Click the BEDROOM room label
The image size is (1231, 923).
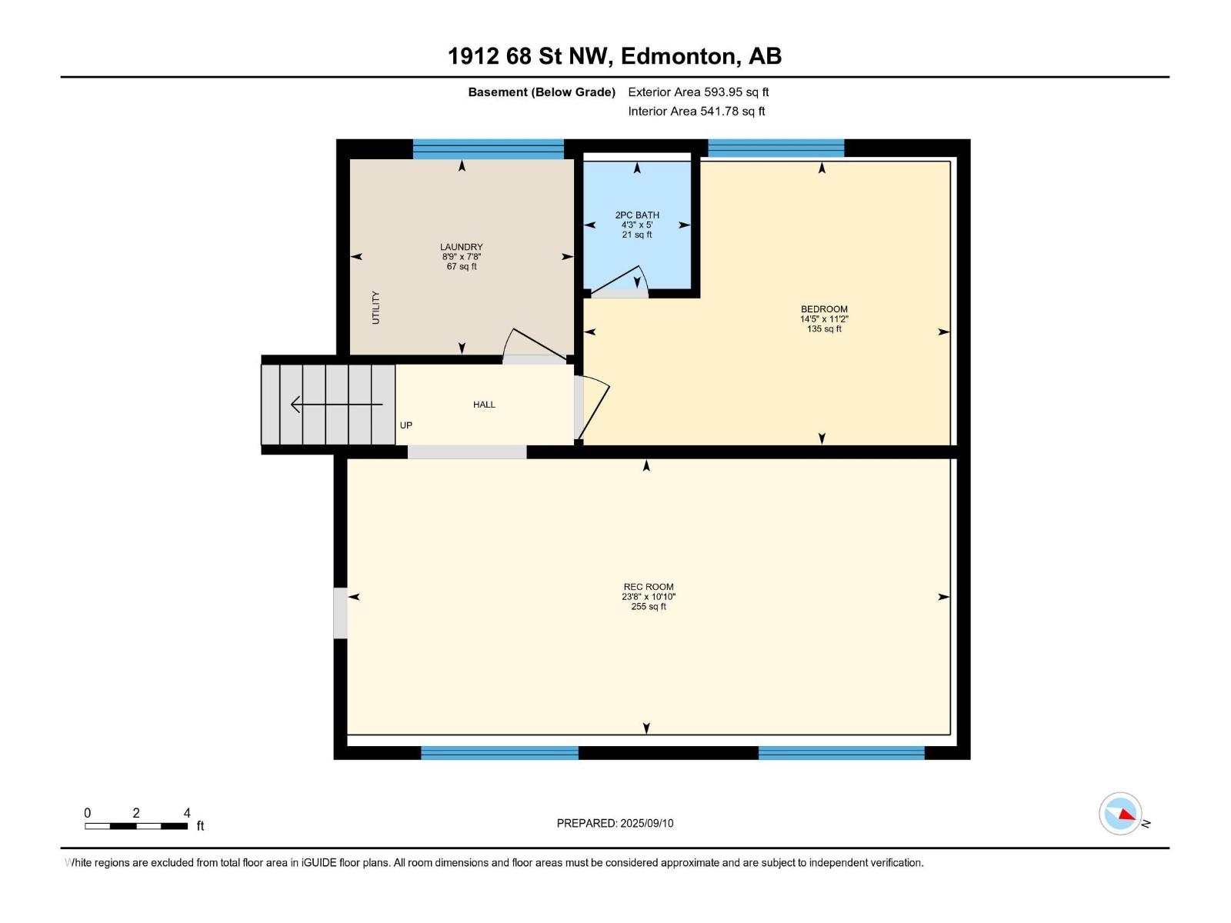coord(824,308)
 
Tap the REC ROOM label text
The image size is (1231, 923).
coord(649,587)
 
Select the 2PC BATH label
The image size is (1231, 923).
coord(636,215)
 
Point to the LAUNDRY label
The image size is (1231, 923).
coord(461,247)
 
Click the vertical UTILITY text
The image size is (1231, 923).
coord(375,308)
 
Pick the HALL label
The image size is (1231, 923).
coord(484,405)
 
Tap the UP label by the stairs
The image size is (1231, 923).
coord(406,425)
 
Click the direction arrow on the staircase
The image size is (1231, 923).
coord(336,404)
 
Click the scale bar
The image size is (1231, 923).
coord(136,826)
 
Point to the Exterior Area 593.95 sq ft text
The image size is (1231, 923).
coord(699,92)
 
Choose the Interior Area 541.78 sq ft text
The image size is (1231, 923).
coord(696,111)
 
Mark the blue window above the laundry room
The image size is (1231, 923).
coord(488,149)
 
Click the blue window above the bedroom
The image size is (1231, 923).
coord(776,148)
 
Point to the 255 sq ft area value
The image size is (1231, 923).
coord(649,606)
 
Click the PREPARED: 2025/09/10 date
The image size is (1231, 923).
coord(615,823)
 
